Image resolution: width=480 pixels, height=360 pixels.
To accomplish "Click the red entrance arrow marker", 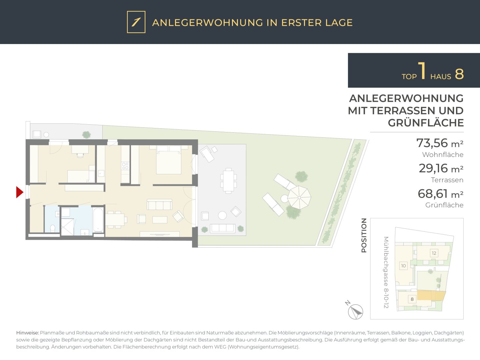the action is point(19,192).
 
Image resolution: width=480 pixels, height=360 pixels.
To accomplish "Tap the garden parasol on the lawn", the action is point(299,197).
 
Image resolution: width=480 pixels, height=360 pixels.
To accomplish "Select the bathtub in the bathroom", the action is point(98,220).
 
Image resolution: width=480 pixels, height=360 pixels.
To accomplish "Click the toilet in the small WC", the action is point(52,228).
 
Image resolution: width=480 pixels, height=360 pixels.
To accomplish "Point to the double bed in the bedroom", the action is point(169,160).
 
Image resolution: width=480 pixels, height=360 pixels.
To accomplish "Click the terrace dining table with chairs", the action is point(229,181).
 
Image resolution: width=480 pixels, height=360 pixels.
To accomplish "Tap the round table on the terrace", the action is point(222,215).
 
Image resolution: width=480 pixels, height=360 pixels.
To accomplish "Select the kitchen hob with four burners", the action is point(125,166).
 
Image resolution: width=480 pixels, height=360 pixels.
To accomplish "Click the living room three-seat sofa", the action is point(159,205).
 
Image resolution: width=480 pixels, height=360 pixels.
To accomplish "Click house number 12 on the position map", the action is point(434,253).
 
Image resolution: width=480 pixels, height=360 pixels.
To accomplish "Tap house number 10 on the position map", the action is point(403,266).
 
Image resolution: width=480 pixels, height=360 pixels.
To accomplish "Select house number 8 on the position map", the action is point(412,299).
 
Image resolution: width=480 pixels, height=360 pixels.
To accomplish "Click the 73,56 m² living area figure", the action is point(440,143).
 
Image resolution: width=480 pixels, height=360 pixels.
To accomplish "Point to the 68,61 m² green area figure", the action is point(440,194).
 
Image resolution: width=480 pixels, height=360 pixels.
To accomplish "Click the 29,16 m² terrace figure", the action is point(441,169).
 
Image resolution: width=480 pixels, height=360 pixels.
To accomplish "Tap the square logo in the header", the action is point(136,22).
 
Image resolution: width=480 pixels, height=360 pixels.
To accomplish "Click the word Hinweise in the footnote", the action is point(27,333).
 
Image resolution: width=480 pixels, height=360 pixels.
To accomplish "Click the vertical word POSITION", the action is point(364,235).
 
